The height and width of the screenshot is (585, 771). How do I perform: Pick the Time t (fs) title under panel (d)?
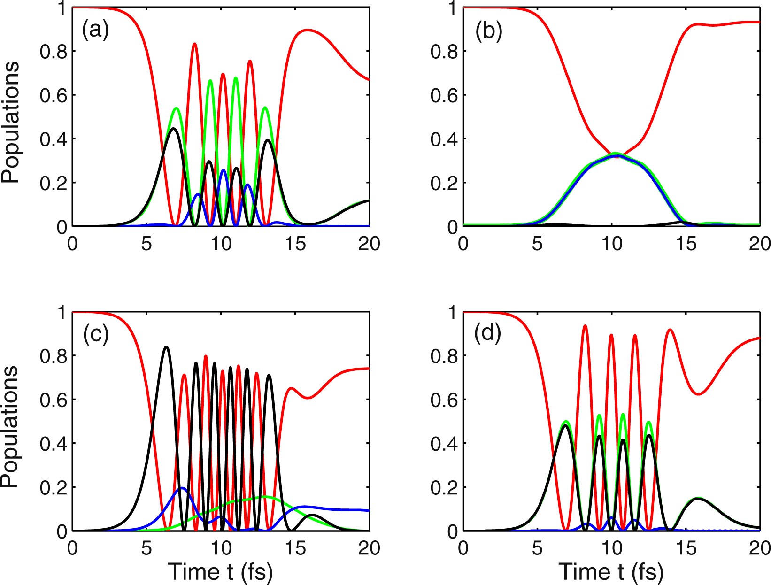tap(611, 572)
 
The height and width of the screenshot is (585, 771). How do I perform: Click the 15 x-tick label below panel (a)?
tap(295, 245)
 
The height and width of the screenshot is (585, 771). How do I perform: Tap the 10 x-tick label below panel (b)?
tap(611, 245)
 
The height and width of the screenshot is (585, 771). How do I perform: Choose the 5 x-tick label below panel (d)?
tap(538, 548)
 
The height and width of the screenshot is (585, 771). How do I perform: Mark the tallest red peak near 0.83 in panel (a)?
tap(194, 44)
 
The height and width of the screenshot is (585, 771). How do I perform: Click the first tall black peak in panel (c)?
tap(166, 347)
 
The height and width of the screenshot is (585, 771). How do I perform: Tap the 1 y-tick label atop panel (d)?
tap(452, 312)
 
